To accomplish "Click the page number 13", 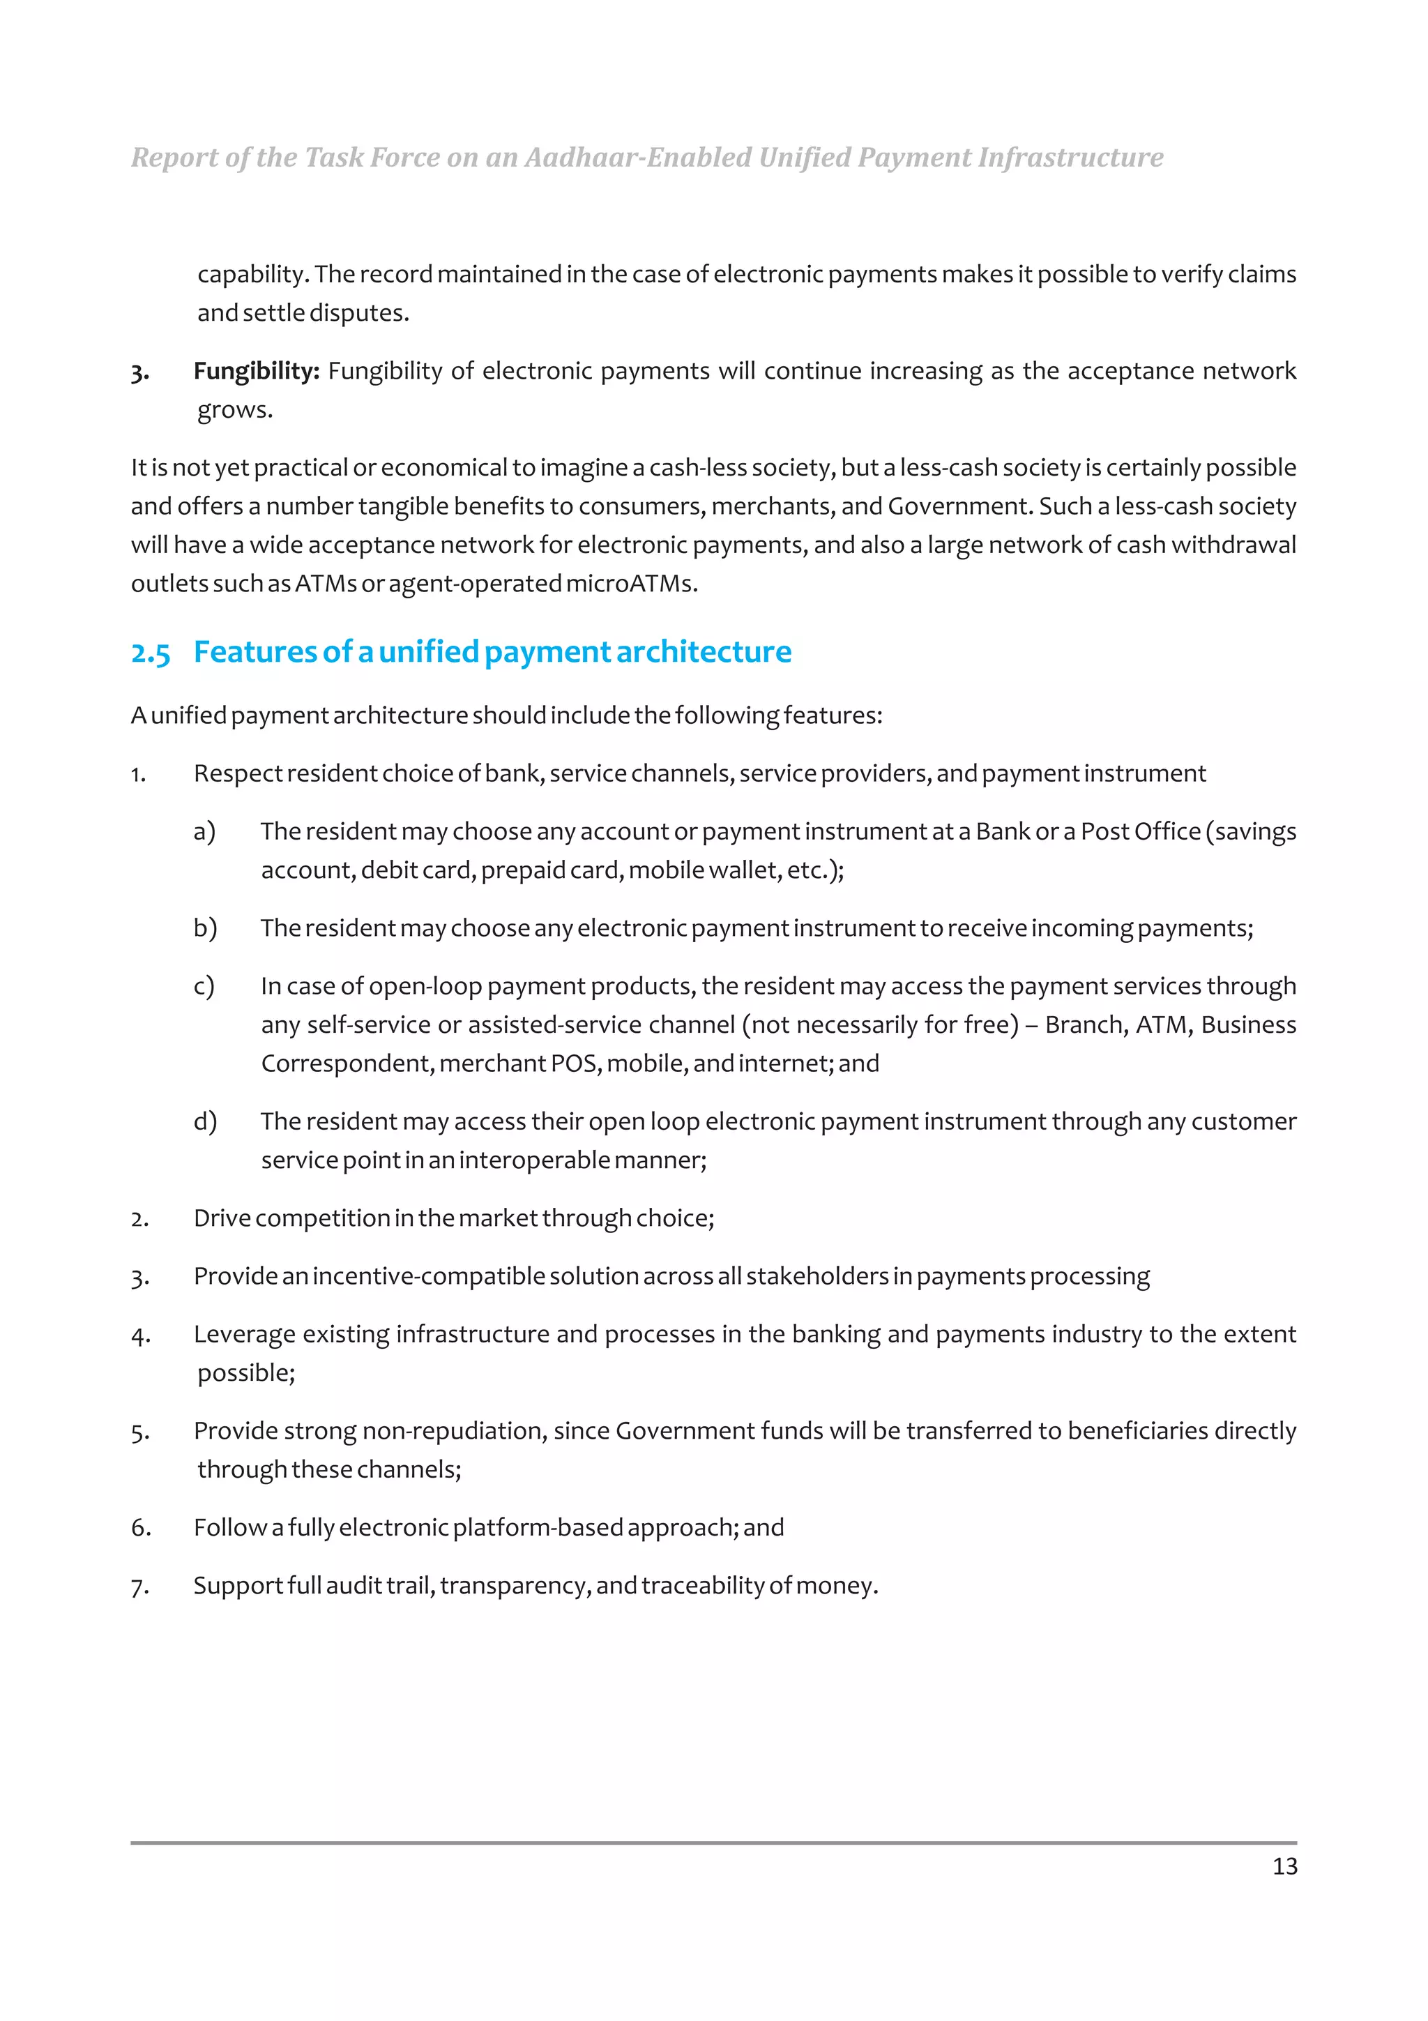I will click(1284, 1866).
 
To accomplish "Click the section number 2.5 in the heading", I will click(151, 653).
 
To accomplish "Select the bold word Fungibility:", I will click(256, 372).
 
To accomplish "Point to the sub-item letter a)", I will click(204, 831).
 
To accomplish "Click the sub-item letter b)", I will click(205, 928).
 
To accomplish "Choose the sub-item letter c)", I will click(203, 986).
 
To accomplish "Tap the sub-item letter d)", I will click(205, 1121).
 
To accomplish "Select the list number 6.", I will click(141, 1528).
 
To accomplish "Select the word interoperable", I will click(534, 1160).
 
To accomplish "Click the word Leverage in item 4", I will click(245, 1334).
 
